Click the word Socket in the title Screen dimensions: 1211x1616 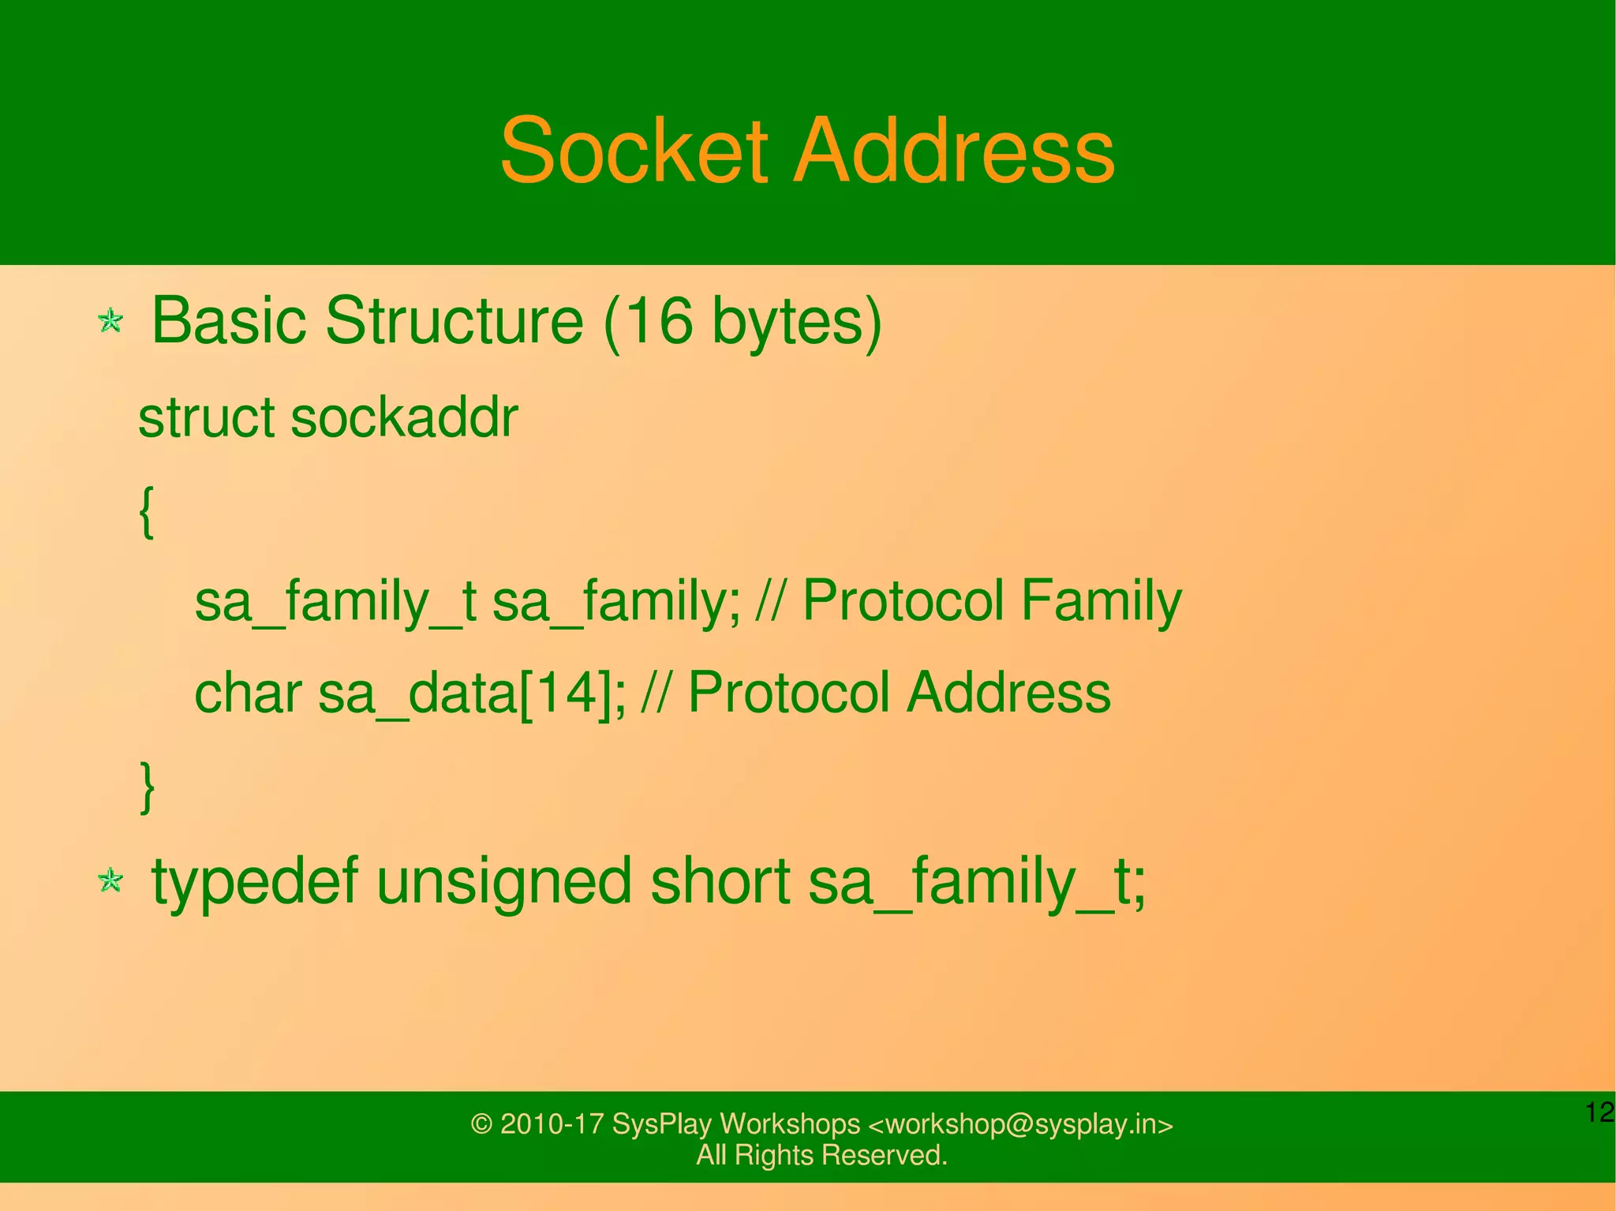click(x=634, y=150)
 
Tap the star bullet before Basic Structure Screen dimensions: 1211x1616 click(x=110, y=321)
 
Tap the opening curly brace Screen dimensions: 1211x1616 click(x=146, y=511)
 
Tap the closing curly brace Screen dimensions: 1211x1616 click(x=146, y=786)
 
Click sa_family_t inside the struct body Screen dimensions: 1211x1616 click(x=335, y=601)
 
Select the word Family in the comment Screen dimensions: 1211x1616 click(x=1101, y=601)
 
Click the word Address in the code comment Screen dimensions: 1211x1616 click(x=1008, y=693)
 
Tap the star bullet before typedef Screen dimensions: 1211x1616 click(x=110, y=880)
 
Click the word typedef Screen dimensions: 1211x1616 click(x=255, y=882)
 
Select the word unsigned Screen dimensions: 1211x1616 click(x=503, y=882)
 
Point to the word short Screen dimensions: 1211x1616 click(x=720, y=880)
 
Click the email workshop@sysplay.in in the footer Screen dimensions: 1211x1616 click(x=1019, y=1123)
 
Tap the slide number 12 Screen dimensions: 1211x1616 click(x=1599, y=1112)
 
